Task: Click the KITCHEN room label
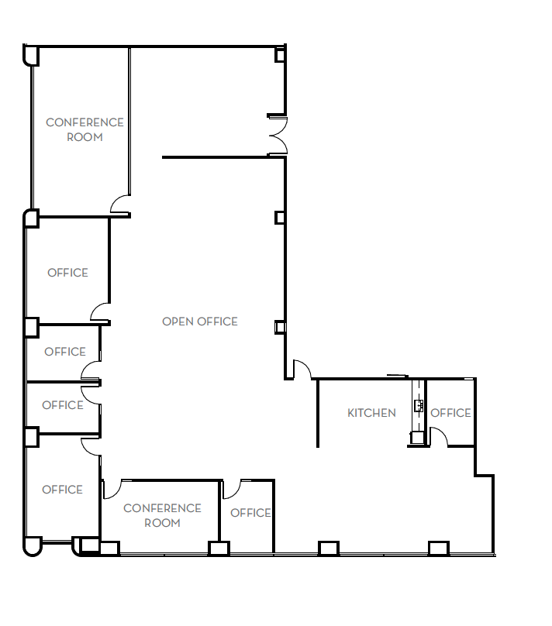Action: (x=371, y=413)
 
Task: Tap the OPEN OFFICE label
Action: (x=200, y=322)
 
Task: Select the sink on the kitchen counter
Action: (x=419, y=404)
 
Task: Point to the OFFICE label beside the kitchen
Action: (x=450, y=413)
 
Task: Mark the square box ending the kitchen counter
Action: (x=417, y=438)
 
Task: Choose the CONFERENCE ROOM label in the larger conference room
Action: (x=85, y=129)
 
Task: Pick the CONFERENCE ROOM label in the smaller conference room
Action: (x=162, y=515)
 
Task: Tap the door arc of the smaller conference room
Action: (x=111, y=489)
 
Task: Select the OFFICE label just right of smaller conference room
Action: (x=250, y=513)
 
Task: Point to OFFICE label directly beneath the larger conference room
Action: (x=67, y=273)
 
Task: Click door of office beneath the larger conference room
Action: (x=99, y=311)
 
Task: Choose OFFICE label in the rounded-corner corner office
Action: (x=62, y=490)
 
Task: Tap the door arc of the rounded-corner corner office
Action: (x=91, y=446)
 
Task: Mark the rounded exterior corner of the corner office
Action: (x=32, y=548)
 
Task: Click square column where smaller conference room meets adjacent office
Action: (x=219, y=548)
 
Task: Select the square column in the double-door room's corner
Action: (x=281, y=53)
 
